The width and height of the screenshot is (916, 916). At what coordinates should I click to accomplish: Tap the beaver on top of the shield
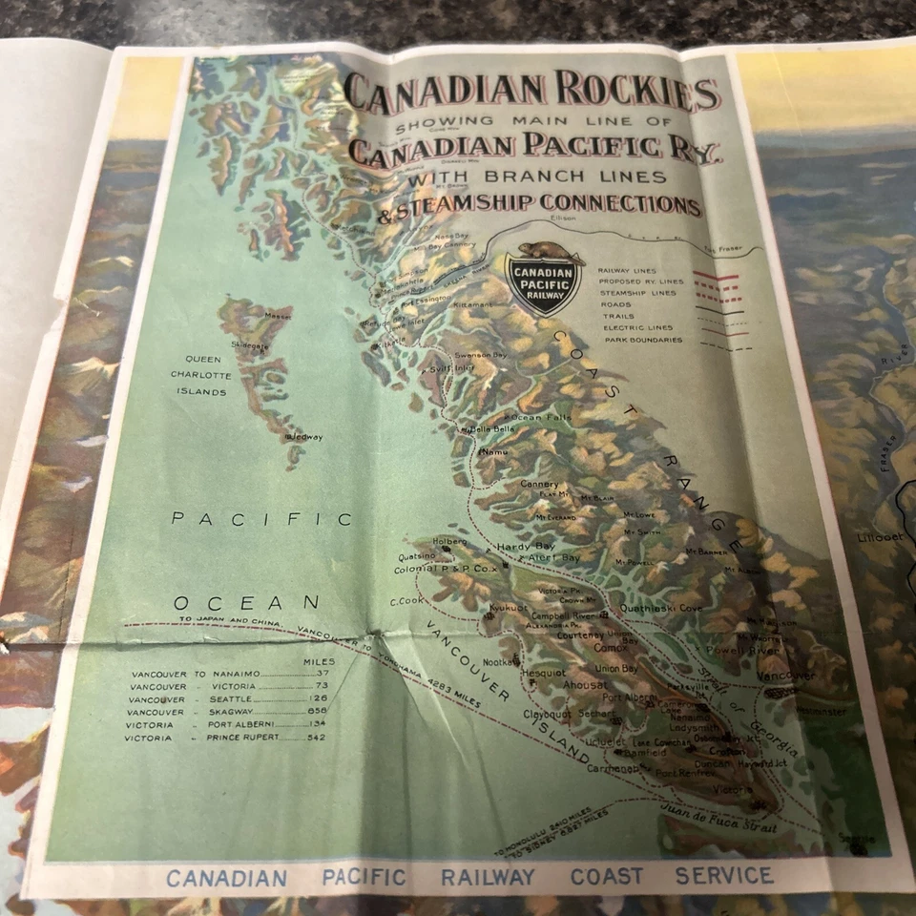[x=545, y=253]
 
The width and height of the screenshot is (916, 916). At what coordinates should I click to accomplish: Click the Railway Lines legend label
[x=627, y=270]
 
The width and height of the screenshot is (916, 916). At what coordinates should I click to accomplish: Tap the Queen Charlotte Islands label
[x=200, y=375]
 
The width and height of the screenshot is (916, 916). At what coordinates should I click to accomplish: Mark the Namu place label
[x=495, y=451]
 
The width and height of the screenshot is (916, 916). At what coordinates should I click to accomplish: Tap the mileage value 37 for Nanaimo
[x=320, y=673]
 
